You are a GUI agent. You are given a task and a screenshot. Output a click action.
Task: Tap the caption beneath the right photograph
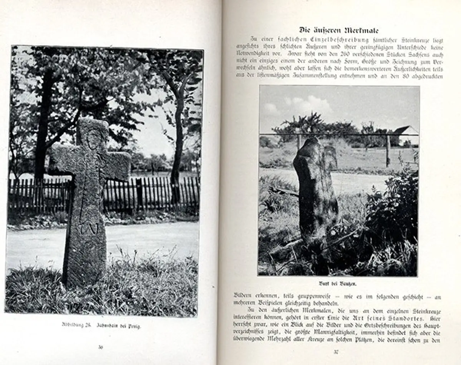click(x=338, y=284)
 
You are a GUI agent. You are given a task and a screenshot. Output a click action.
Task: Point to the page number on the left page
click(x=101, y=347)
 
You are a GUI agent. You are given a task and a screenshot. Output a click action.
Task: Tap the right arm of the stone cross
click(x=118, y=164)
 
